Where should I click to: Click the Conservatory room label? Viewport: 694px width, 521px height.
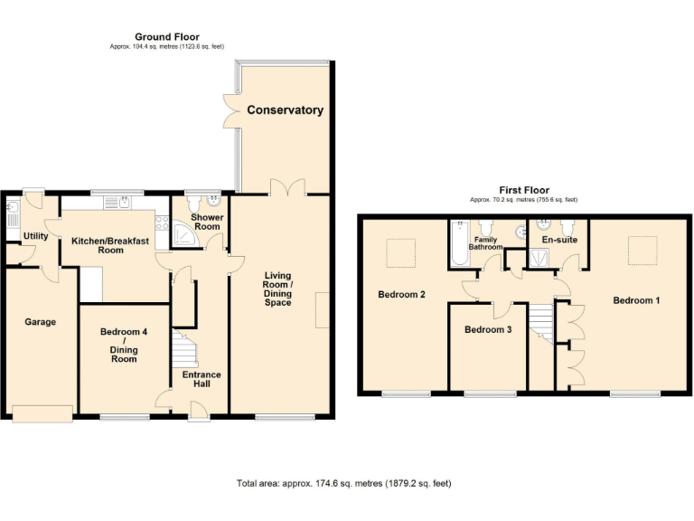point(285,110)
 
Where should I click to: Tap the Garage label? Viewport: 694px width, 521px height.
point(40,322)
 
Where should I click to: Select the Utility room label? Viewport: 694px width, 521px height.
point(36,236)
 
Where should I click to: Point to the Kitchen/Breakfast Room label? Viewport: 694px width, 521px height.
point(98,245)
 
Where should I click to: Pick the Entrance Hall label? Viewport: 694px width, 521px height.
point(201,379)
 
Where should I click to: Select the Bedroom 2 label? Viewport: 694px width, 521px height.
point(401,295)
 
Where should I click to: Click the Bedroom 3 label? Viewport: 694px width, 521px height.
point(488,329)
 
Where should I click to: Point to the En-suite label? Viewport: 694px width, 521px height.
point(558,241)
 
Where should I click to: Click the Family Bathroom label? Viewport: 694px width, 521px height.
point(485,243)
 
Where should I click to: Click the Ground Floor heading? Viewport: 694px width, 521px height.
point(167,36)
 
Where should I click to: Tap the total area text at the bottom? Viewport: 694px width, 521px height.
point(343,484)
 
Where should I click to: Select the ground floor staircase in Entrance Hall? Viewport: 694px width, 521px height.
point(184,349)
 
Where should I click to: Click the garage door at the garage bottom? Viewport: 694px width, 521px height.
point(42,413)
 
